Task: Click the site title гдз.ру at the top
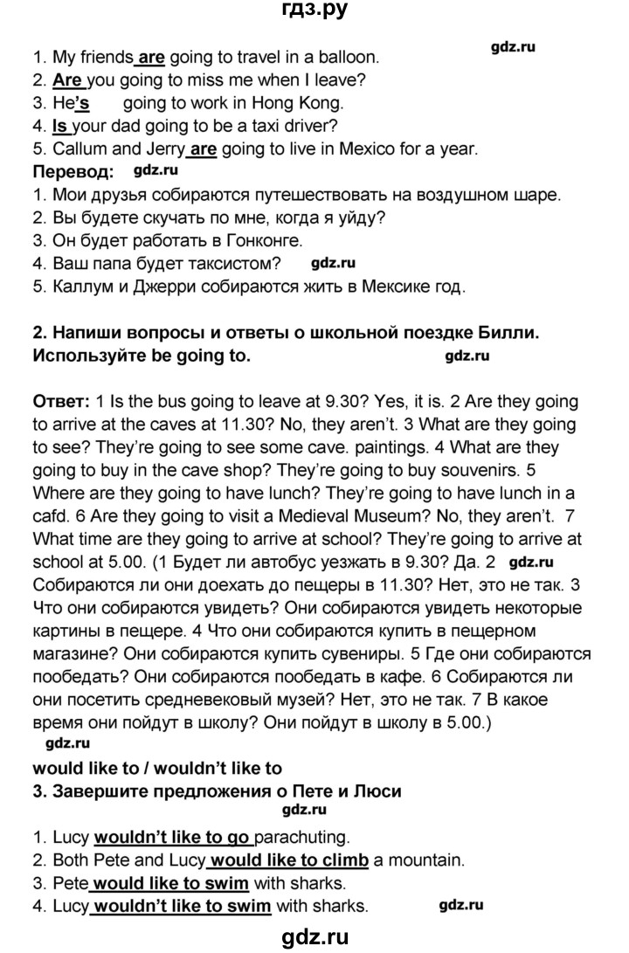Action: coord(314,13)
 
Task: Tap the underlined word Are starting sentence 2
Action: coord(67,81)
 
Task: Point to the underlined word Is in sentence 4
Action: coord(60,126)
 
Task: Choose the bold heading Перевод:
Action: coord(73,171)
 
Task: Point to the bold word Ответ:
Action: coord(59,401)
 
